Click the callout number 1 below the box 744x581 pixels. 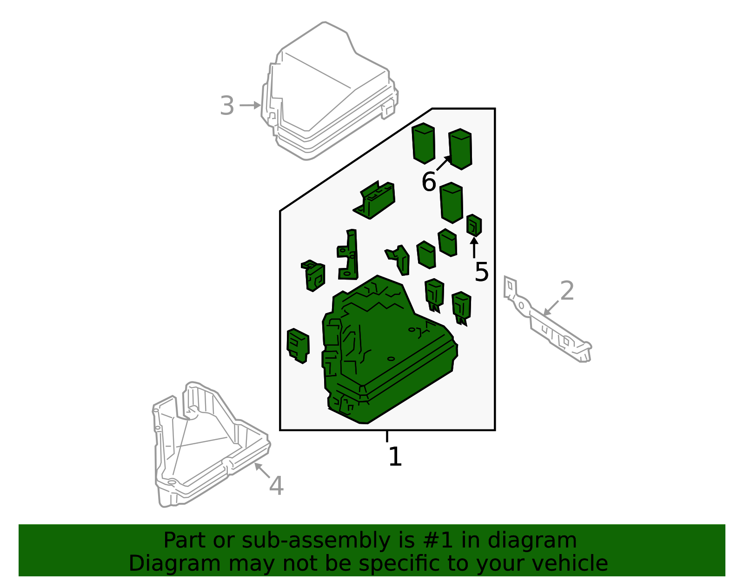395,456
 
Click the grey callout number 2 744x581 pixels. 567,291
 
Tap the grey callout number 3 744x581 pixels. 227,106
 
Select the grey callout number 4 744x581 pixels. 276,486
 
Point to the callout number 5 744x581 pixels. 481,272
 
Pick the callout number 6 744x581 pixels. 429,182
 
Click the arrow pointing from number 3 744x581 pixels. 250,105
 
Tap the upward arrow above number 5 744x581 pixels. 474,247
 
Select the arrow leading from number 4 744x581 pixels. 262,470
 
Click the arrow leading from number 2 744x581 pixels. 551,308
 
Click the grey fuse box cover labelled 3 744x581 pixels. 329,91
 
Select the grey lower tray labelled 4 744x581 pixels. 211,444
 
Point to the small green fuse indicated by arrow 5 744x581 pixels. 474,225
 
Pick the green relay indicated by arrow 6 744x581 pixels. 460,149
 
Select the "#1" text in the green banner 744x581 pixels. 438,541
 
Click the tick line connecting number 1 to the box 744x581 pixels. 387,436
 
